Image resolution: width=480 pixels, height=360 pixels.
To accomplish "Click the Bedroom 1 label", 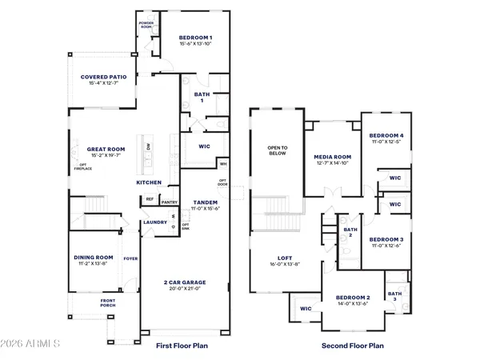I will (x=194, y=38).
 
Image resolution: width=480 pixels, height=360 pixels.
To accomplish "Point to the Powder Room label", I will (x=146, y=24).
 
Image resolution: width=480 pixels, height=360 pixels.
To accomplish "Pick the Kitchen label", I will (x=149, y=182).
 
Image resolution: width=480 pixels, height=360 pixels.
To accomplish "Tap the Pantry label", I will (x=170, y=202).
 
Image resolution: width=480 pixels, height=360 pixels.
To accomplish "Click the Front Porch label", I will (x=108, y=302).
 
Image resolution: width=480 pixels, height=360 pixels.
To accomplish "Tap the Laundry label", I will (x=155, y=222).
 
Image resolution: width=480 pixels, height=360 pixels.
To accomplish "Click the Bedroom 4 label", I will (x=386, y=136).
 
